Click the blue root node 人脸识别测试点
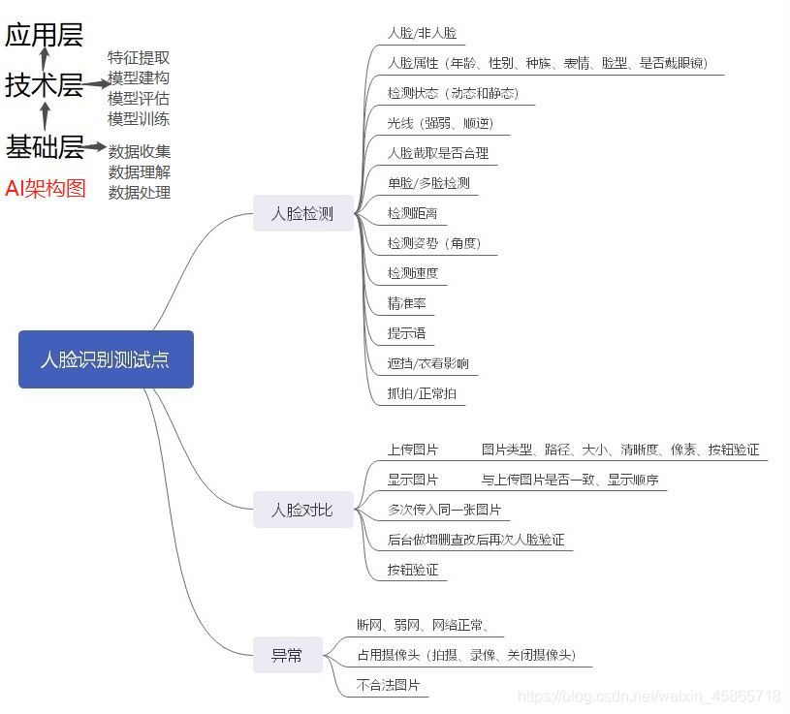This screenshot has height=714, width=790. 106,359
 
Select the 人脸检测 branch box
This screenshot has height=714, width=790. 302,213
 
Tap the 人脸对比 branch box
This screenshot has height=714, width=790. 302,510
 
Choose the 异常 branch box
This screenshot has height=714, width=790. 287,656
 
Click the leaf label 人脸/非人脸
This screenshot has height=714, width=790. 422,33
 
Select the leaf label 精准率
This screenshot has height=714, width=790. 406,303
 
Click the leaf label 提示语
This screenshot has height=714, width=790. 406,333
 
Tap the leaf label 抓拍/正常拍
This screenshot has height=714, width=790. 422,394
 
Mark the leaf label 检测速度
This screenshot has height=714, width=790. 412,273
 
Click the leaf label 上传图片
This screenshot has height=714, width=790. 412,450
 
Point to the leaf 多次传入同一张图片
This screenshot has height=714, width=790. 444,510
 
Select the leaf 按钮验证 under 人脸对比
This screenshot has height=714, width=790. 412,570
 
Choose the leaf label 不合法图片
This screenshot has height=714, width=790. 388,685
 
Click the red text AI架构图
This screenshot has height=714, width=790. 46,189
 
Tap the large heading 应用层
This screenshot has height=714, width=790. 44,36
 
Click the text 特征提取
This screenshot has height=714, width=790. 139,57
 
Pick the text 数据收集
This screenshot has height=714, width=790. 140,151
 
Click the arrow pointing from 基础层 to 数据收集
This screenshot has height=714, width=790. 95,147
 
